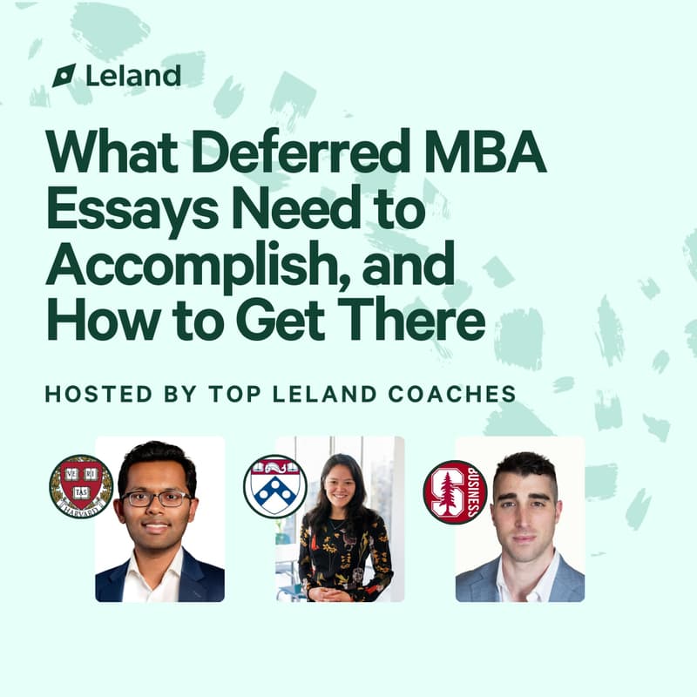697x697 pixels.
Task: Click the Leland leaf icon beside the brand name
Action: (64, 76)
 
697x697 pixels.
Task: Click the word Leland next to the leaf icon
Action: (133, 75)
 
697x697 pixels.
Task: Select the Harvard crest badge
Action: (81, 487)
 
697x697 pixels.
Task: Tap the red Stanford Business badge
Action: (455, 491)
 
